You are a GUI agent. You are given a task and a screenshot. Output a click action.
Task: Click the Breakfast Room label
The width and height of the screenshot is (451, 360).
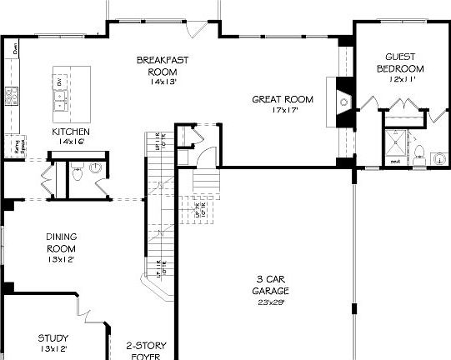coord(158,65)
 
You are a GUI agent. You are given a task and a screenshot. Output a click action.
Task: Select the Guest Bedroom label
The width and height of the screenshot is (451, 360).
coord(400,62)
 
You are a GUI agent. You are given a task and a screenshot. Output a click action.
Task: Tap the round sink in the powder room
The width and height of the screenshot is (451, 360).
coord(95,168)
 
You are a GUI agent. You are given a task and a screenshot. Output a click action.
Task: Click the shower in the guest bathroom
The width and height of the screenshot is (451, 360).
coord(393,145)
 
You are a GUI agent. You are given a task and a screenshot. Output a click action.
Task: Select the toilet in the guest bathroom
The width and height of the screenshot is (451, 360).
coord(421,153)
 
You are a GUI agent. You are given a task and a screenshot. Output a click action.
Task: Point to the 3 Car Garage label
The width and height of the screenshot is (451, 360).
coord(271,285)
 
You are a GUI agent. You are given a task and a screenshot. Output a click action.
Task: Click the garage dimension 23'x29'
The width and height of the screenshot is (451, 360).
coord(271,302)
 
